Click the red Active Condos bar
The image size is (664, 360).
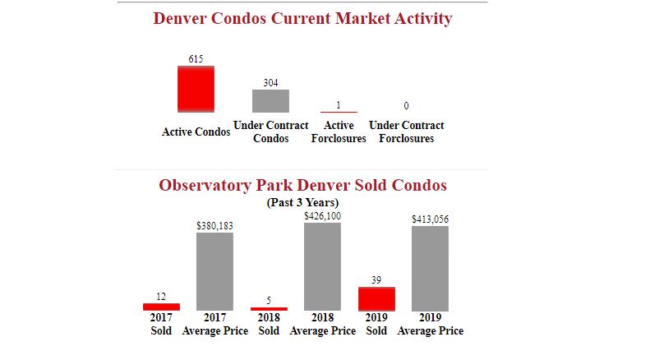pyautogui.click(x=196, y=89)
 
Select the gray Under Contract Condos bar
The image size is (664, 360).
pyautogui.click(x=270, y=100)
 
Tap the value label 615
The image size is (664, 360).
pyautogui.click(x=196, y=58)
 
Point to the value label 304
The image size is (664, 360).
pyautogui.click(x=270, y=82)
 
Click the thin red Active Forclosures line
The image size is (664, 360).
pyautogui.click(x=339, y=112)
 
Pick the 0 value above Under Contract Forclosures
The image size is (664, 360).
pyautogui.click(x=406, y=106)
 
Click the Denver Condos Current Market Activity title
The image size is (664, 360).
pyautogui.click(x=302, y=18)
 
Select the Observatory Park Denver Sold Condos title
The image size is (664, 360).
pyautogui.click(x=302, y=185)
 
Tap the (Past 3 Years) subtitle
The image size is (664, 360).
pyautogui.click(x=302, y=202)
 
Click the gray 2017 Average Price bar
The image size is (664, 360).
pyautogui.click(x=214, y=271)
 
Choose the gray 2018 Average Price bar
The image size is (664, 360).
pyautogui.click(x=322, y=266)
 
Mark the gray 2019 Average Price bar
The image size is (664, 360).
pyautogui.click(x=430, y=268)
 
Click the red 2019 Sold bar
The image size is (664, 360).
pyautogui.click(x=376, y=298)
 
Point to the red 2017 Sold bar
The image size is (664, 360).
pyautogui.click(x=161, y=307)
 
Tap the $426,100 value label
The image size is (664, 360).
pyautogui.click(x=322, y=215)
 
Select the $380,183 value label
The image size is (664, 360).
pyautogui.click(x=214, y=225)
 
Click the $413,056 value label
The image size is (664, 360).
pyautogui.click(x=430, y=219)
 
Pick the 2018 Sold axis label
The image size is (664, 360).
pyautogui.click(x=269, y=324)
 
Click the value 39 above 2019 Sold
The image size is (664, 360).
pyautogui.click(x=376, y=280)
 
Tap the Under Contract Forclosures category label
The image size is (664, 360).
pyautogui.click(x=406, y=132)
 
